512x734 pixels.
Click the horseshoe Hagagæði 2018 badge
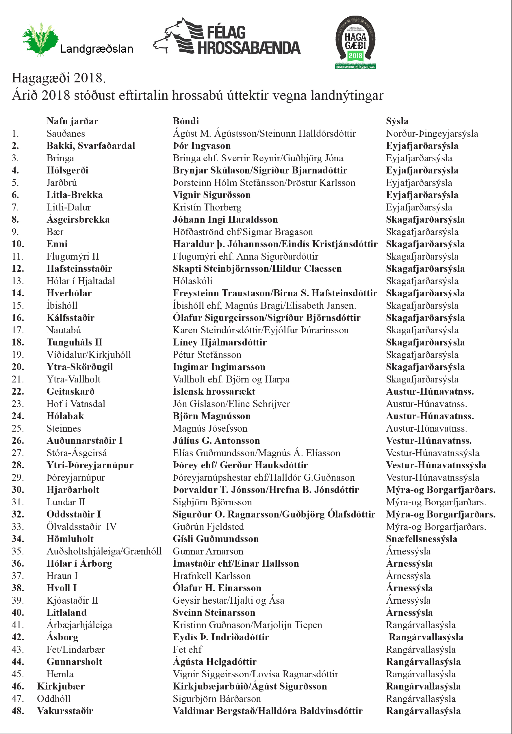pyautogui.click(x=355, y=42)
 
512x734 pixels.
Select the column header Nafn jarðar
pyautogui.click(x=72, y=121)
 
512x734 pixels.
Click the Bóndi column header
pyautogui.click(x=186, y=121)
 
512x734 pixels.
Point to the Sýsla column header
pyautogui.click(x=397, y=121)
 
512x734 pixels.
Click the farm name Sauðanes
pyautogui.click(x=66, y=134)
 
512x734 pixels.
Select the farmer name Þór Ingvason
pyautogui.click(x=202, y=146)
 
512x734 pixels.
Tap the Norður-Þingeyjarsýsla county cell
pyautogui.click(x=432, y=134)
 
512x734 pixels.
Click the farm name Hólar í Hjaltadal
pyautogui.click(x=81, y=281)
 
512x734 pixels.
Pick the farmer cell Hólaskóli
pyautogui.click(x=192, y=281)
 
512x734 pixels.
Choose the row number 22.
pyautogui.click(x=18, y=392)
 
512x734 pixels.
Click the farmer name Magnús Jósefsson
pyautogui.click(x=210, y=428)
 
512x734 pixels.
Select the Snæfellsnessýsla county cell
pyautogui.click(x=421, y=539)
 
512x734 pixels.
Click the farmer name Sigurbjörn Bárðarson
pyautogui.click(x=217, y=699)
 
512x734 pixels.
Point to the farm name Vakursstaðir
pyautogui.click(x=65, y=711)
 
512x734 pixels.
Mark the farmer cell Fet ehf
pyautogui.click(x=187, y=650)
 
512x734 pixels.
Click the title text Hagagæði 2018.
pyautogui.click(x=58, y=78)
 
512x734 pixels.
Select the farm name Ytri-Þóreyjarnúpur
pyautogui.click(x=90, y=465)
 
